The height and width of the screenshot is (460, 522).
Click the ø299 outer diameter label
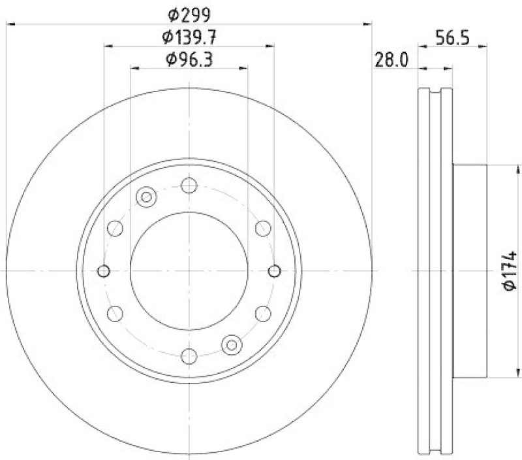(189, 14)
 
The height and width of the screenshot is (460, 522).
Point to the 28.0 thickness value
(391, 60)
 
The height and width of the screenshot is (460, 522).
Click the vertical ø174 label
(510, 271)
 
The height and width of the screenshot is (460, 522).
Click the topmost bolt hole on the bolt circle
(189, 186)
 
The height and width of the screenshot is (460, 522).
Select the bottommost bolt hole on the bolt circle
(189, 355)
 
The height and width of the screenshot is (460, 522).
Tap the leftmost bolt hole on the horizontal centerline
(104, 271)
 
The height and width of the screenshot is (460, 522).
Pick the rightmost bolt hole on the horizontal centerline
(274, 271)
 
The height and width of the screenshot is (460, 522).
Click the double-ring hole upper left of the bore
(146, 197)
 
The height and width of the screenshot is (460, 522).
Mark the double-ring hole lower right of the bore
(232, 344)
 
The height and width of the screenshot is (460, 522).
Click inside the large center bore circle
(189, 271)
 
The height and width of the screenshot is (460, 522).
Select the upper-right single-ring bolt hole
(263, 228)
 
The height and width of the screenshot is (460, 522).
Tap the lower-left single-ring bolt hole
(115, 313)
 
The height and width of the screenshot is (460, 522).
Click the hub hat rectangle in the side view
(470, 271)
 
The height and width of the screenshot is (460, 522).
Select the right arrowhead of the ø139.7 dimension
(270, 46)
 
